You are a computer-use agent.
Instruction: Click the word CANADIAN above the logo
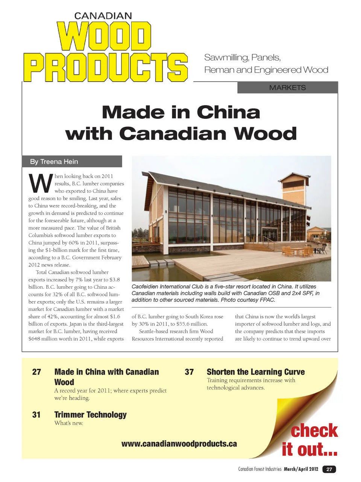[x=103, y=16]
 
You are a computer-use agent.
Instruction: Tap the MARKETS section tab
[x=287, y=88]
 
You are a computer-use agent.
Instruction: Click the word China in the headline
[x=228, y=112]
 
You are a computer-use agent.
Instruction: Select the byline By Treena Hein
[x=54, y=162]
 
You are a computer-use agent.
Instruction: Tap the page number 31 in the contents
[x=36, y=415]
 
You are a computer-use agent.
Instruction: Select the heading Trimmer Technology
[x=90, y=415]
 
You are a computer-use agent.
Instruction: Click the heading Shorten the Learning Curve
[x=256, y=372]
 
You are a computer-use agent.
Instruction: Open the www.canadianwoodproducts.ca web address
[x=179, y=444]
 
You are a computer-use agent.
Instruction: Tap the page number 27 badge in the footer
[x=329, y=469]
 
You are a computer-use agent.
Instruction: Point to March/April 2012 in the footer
[x=301, y=469]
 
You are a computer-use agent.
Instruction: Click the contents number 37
[x=189, y=372]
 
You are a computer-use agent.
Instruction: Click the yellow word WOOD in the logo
[x=104, y=36]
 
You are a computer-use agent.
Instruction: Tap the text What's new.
[x=69, y=423]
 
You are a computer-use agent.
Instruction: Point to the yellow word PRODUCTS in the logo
[x=106, y=67]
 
